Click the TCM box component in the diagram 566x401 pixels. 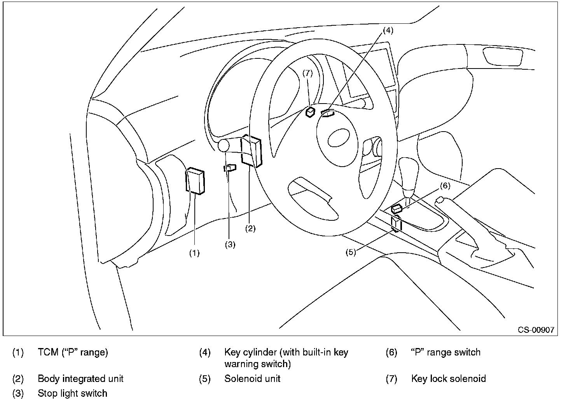(195, 181)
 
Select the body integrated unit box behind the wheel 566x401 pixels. (251, 151)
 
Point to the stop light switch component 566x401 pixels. (230, 168)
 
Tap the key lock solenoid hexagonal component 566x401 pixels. (310, 112)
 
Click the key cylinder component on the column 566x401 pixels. (328, 113)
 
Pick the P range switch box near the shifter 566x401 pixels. (397, 209)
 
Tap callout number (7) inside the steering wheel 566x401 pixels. (307, 73)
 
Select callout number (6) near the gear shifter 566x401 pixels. (445, 186)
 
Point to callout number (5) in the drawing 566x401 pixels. (351, 252)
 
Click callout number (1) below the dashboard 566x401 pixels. (194, 253)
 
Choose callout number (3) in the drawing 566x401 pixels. (230, 244)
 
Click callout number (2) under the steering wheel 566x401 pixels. (250, 229)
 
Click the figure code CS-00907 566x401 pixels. (536, 330)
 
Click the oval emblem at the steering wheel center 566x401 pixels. (339, 138)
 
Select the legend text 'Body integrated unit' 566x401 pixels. (80, 379)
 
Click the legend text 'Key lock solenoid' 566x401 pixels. (449, 379)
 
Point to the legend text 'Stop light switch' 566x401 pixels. (72, 394)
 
